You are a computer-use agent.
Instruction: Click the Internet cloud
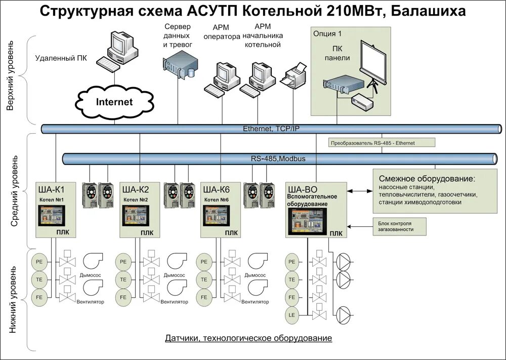114,102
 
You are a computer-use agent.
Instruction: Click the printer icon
294,76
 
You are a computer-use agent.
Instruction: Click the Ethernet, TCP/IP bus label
271,129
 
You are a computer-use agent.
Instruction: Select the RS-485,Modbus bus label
278,159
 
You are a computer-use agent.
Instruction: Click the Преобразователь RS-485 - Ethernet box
373,143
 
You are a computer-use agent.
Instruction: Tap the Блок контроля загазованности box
395,226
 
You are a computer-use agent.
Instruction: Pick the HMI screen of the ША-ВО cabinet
306,221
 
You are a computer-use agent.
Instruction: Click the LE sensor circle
291,314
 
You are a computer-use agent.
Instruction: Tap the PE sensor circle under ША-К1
39,262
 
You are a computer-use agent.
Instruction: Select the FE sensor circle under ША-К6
204,296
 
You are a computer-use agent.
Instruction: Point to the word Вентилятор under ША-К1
90,302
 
